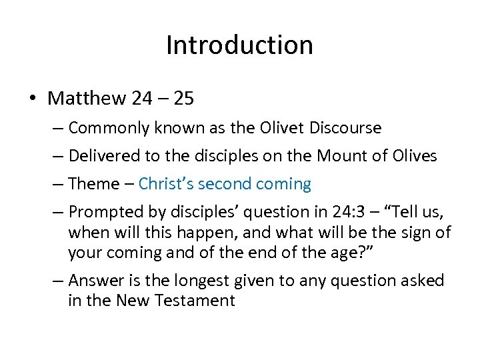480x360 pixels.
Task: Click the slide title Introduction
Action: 239,45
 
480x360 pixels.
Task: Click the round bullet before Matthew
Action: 33,99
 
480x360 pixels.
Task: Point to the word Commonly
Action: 109,127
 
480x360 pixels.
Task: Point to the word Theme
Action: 93,184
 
